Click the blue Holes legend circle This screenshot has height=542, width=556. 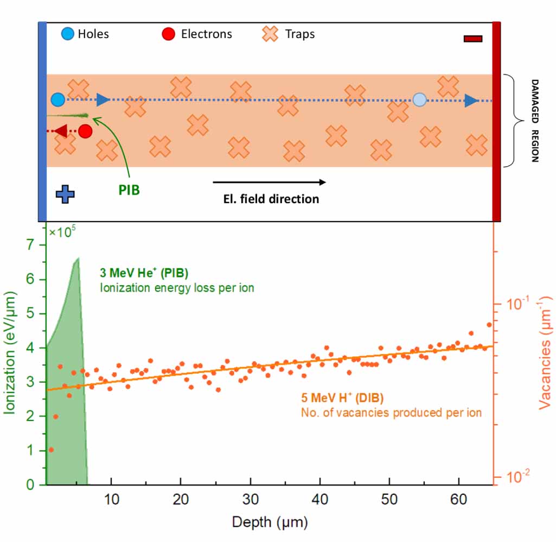[68, 34]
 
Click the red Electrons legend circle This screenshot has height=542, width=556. [169, 34]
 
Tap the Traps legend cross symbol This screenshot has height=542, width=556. [271, 34]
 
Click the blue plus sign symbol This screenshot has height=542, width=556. [65, 194]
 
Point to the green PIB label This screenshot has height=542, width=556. [129, 191]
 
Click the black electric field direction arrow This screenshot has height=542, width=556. [269, 182]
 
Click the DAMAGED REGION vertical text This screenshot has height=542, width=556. [534, 121]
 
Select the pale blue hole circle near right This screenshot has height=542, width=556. [419, 99]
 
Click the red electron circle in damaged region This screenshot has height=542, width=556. [85, 131]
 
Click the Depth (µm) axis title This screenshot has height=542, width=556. [270, 522]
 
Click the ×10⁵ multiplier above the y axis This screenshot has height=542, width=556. [63, 232]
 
